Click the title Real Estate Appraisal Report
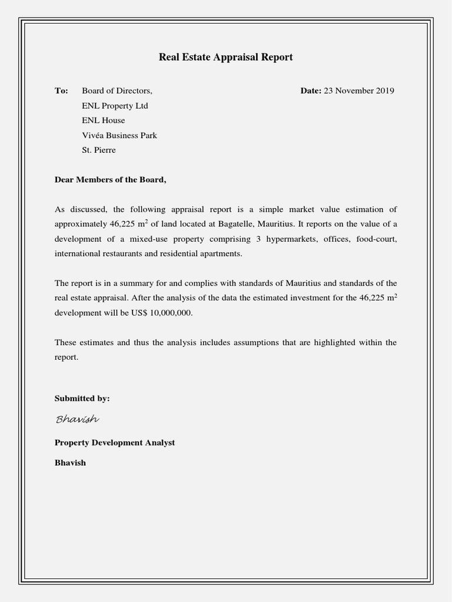click(x=225, y=57)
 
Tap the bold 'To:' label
click(x=61, y=91)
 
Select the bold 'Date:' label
click(x=311, y=91)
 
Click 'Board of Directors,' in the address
click(x=117, y=91)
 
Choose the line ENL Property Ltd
click(x=115, y=106)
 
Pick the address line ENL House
click(x=104, y=121)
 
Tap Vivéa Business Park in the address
click(x=119, y=135)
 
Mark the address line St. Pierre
click(x=99, y=150)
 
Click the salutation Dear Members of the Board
click(x=111, y=179)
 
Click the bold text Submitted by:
click(x=82, y=398)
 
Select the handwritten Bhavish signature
click(x=77, y=419)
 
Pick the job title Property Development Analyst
click(x=115, y=442)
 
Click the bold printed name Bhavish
click(x=70, y=463)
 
